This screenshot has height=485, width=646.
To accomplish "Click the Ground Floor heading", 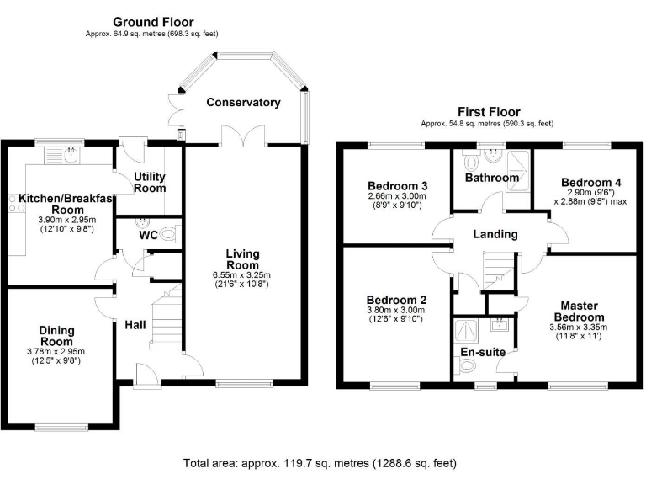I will (153, 22).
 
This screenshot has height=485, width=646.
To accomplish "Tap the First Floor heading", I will (488, 111).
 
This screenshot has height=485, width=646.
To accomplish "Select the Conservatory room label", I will (243, 103).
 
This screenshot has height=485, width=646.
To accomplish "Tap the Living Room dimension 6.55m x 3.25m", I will (241, 275).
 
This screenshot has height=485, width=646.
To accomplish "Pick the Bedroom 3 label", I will (398, 186).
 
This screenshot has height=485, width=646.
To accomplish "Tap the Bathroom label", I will (492, 178).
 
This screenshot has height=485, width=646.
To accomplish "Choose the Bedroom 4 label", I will (590, 183).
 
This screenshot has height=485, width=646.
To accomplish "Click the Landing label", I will (495, 234).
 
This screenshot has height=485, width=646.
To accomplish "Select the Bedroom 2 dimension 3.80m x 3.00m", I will (394, 310).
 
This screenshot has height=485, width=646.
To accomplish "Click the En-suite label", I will (479, 352).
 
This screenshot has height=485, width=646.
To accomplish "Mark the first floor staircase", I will (497, 273).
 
